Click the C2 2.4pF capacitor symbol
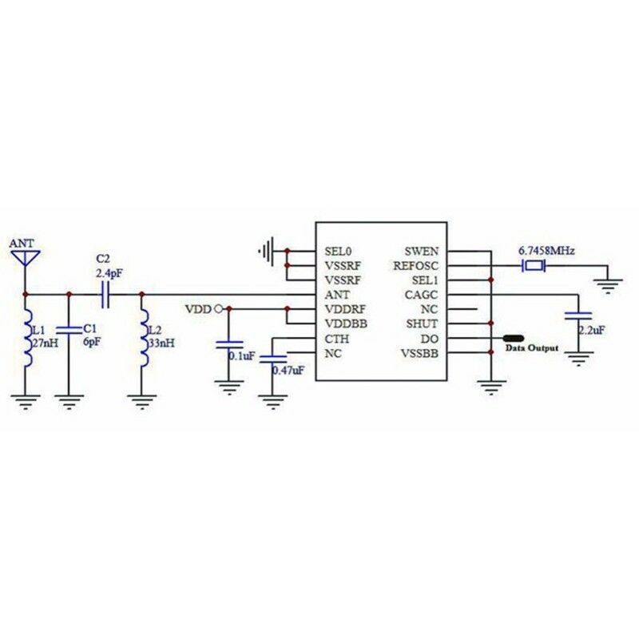tap(104, 295)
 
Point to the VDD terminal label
tap(198, 308)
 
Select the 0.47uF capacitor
tap(274, 360)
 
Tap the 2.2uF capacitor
tap(578, 317)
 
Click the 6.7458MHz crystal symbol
tap(532, 265)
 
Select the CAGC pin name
tap(422, 294)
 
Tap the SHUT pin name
tap(423, 323)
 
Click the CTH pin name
tap(335, 339)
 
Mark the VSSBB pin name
tap(420, 353)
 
